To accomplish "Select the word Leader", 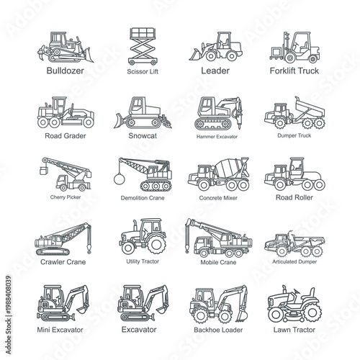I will click(215, 71).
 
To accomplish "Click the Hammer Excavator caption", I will click(216, 135).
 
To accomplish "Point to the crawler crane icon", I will click(62, 237).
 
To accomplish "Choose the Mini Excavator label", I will click(60, 329).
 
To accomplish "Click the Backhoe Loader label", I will click(216, 329).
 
